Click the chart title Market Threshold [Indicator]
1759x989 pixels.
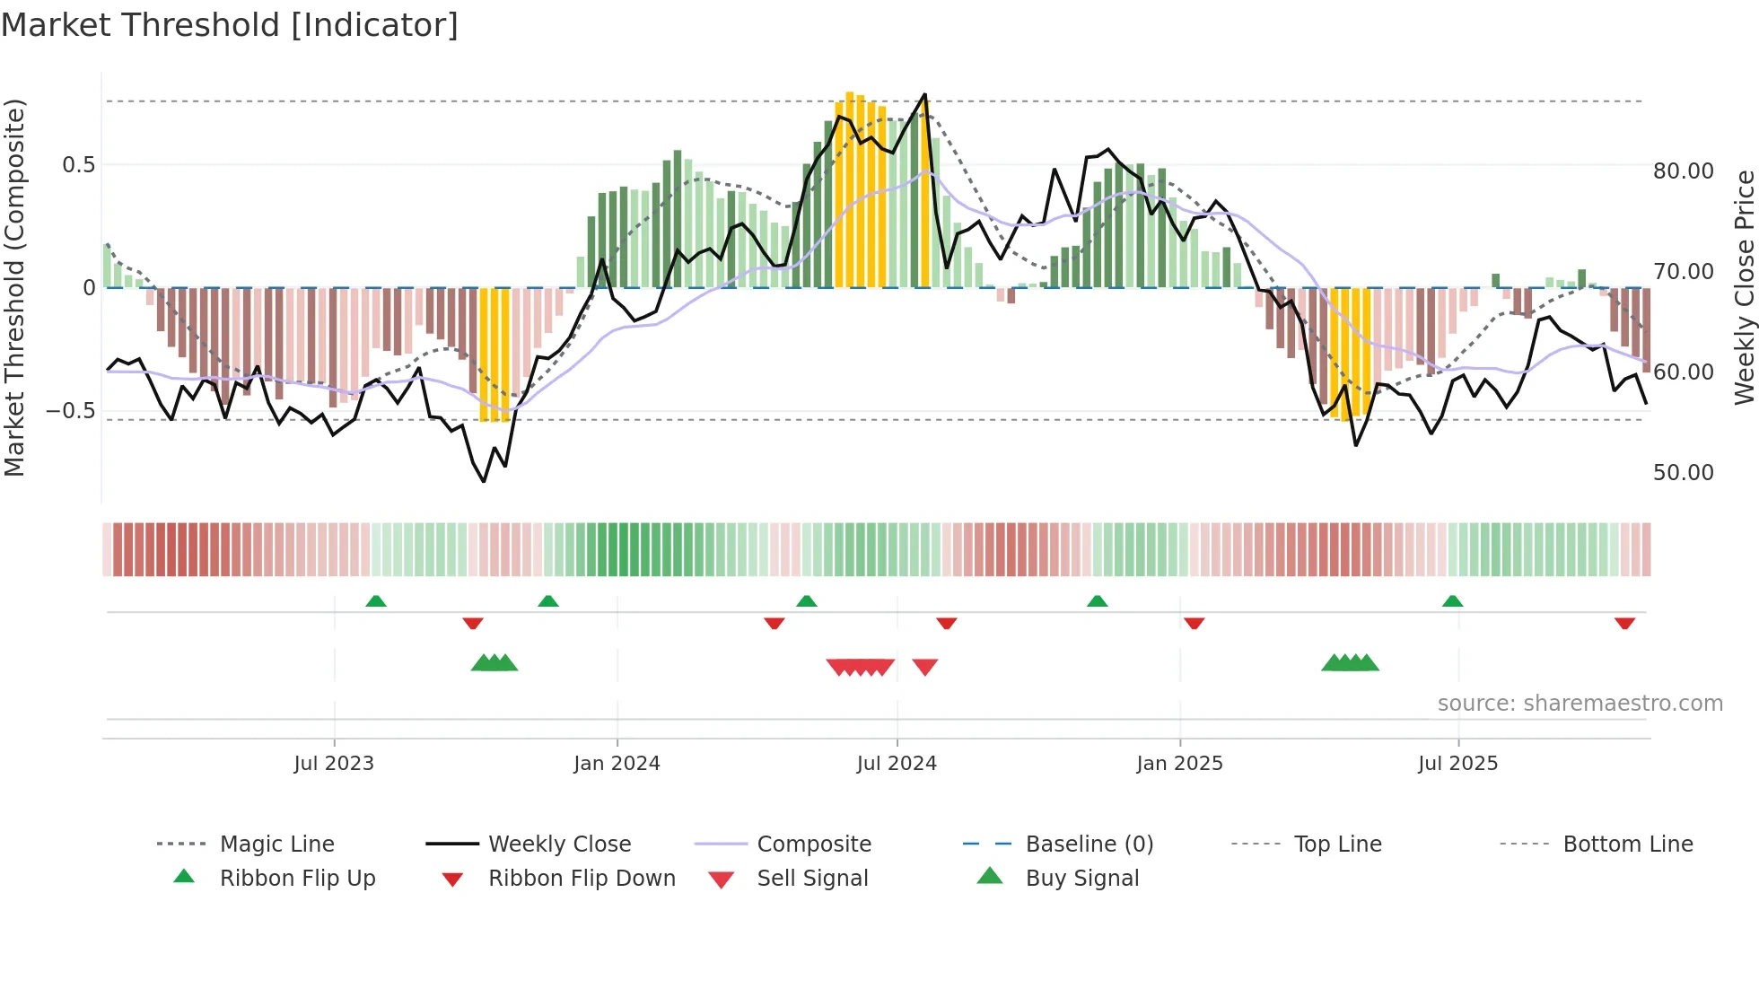pos(230,25)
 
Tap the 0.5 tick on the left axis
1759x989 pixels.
pos(78,165)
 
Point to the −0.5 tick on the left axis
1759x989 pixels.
pos(71,411)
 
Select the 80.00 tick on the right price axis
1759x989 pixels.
pos(1683,171)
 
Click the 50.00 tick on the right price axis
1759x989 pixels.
pos(1683,473)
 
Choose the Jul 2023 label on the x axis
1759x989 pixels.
pos(334,764)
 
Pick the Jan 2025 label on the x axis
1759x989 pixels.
pos(1179,764)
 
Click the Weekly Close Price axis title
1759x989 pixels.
pos(1744,287)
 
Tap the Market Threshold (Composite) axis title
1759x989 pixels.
pos(14,287)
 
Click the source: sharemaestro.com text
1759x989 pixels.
pos(1580,704)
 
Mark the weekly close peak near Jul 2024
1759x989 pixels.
pos(924,95)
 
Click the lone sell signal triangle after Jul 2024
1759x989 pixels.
pos(924,666)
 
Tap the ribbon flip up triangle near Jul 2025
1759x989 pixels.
pos(1452,601)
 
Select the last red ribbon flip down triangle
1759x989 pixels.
pos(1624,623)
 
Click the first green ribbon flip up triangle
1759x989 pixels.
pos(376,601)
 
